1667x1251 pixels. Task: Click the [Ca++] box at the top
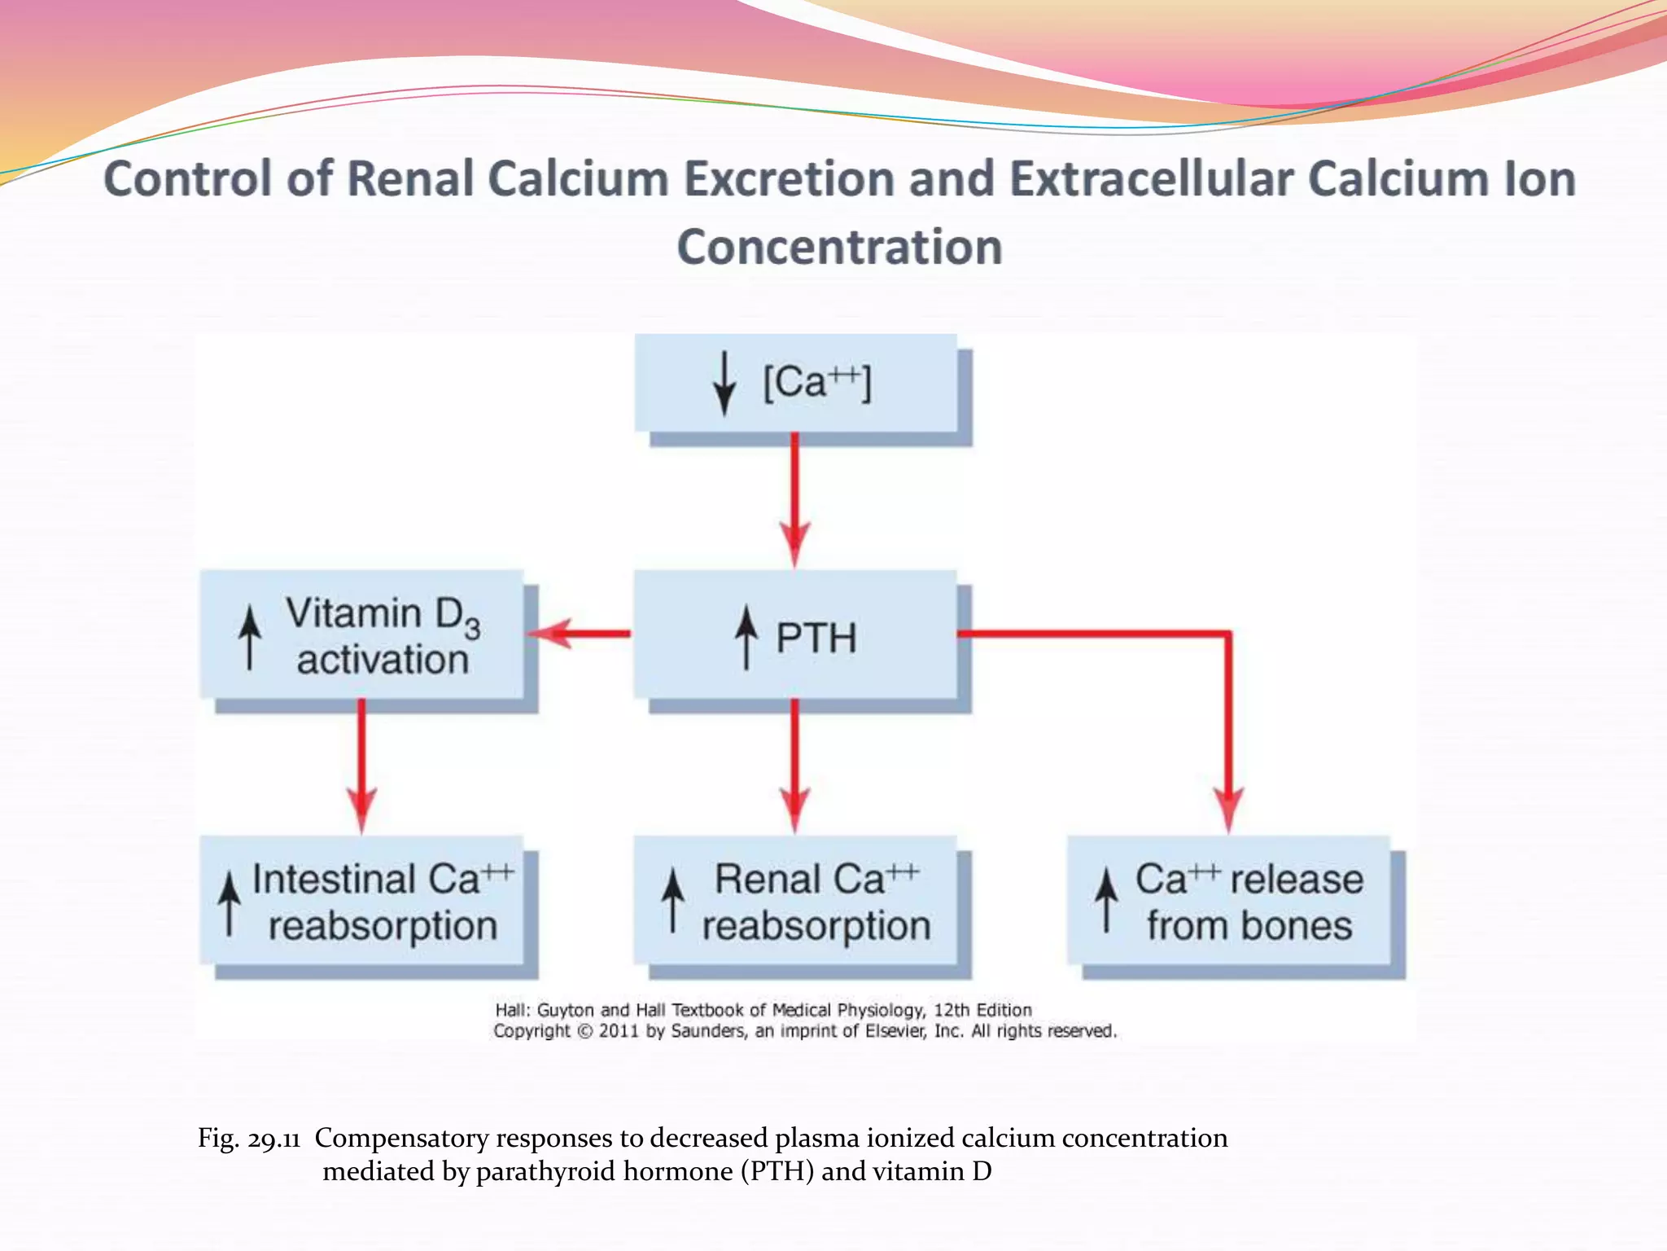click(795, 383)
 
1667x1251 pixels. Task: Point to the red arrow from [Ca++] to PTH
click(794, 497)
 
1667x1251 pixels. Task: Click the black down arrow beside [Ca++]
click(724, 383)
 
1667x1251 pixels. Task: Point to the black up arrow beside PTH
click(746, 637)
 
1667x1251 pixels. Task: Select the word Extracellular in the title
click(1152, 178)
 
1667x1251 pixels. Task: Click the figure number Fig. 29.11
click(249, 1138)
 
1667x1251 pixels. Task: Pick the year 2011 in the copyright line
click(619, 1031)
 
